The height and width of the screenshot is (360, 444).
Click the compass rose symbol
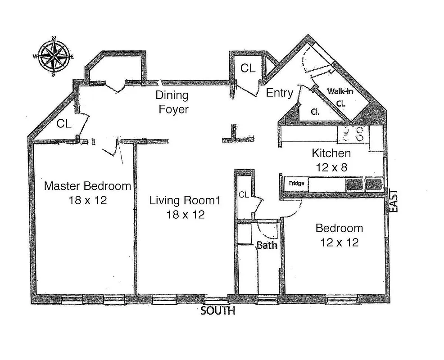click(54, 57)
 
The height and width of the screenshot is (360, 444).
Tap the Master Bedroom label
click(87, 186)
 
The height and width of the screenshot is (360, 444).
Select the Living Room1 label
click(185, 201)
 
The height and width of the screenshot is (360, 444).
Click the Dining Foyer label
click(172, 102)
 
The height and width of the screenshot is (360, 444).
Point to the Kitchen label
click(331, 153)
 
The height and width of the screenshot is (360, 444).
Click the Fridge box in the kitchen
click(296, 184)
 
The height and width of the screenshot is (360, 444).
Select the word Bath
click(267, 246)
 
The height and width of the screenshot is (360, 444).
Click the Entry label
click(280, 93)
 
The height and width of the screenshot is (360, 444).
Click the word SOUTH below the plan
click(217, 311)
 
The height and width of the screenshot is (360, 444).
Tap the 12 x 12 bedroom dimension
click(339, 243)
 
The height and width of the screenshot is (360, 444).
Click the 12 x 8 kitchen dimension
click(331, 167)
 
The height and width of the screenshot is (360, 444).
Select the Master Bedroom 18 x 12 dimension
click(87, 200)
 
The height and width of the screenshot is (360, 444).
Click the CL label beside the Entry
click(248, 68)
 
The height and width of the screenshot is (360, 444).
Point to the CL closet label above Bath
click(244, 195)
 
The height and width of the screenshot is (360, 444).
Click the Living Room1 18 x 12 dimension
click(185, 215)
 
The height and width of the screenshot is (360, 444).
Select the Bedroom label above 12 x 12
click(339, 228)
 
